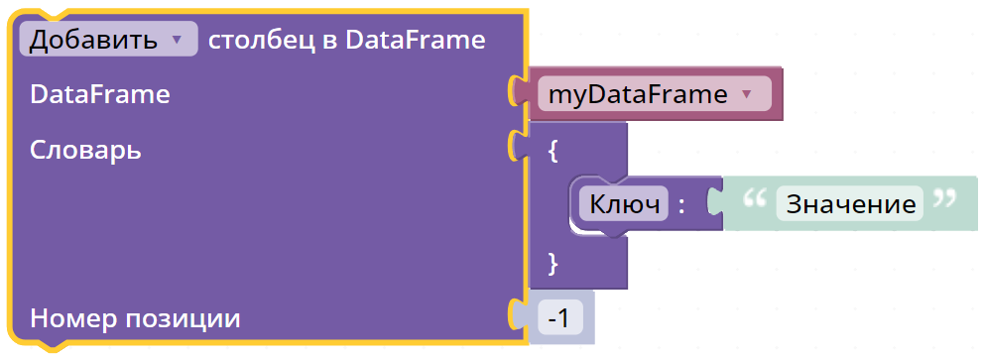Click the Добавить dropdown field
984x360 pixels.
[x=108, y=40]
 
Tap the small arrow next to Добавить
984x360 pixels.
[x=177, y=40]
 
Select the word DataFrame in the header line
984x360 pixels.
[x=416, y=40]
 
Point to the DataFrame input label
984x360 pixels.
[x=100, y=94]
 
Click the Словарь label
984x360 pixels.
[x=85, y=150]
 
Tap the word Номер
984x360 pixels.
[x=73, y=318]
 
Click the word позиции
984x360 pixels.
[x=184, y=319]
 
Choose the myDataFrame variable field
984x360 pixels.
[x=654, y=94]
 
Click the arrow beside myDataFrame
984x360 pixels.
[x=746, y=94]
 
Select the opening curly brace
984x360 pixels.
[x=553, y=151]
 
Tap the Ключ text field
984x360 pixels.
[x=623, y=204]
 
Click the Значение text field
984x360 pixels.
[x=850, y=204]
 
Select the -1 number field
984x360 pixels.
[x=560, y=318]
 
